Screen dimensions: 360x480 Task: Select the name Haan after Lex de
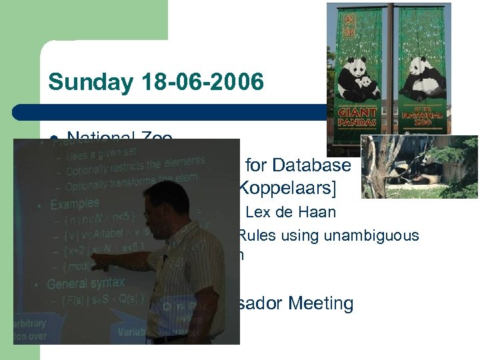point(321,213)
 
